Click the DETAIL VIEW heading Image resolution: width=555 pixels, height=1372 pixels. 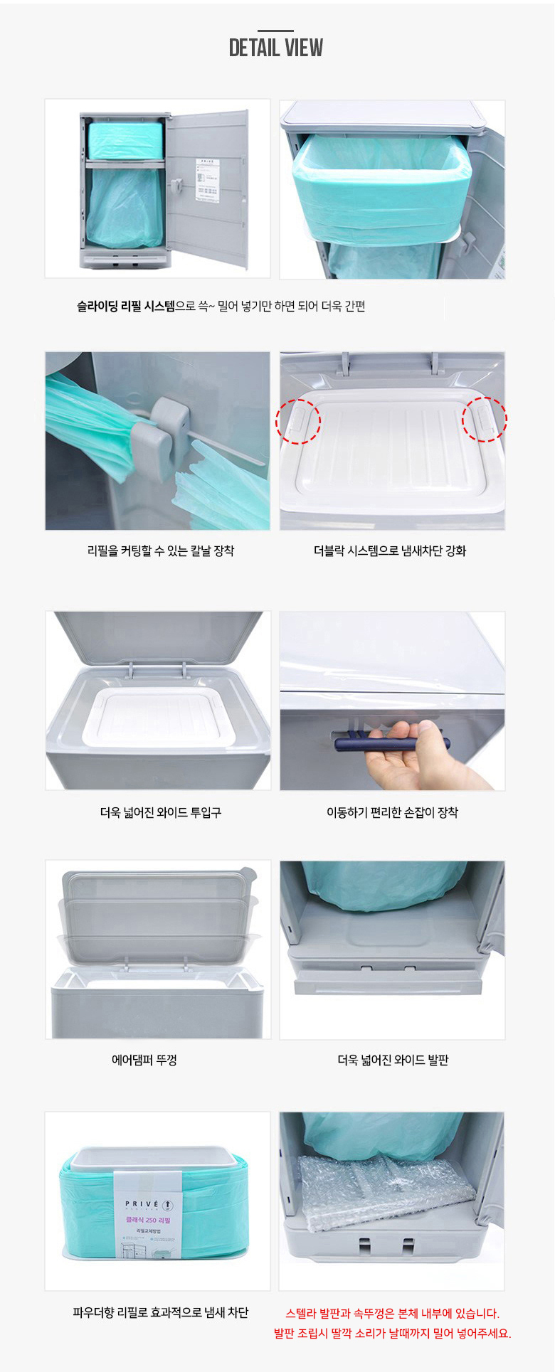276,48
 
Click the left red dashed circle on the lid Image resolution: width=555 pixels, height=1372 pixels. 298,421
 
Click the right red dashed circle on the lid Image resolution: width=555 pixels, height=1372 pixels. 485,419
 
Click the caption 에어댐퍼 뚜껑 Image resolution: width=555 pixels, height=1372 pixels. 144,1060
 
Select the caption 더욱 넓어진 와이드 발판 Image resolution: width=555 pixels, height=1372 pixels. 393,1060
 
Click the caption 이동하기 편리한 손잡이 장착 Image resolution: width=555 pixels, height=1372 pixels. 392,812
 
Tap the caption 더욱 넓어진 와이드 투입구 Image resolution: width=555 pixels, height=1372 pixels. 161,812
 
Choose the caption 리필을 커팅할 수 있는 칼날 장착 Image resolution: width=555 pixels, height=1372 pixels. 161,551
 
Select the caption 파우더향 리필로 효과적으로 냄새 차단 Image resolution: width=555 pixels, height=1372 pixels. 161,1313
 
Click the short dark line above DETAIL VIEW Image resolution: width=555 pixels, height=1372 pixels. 276,31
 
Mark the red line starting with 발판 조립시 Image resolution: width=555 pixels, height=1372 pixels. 392,1334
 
